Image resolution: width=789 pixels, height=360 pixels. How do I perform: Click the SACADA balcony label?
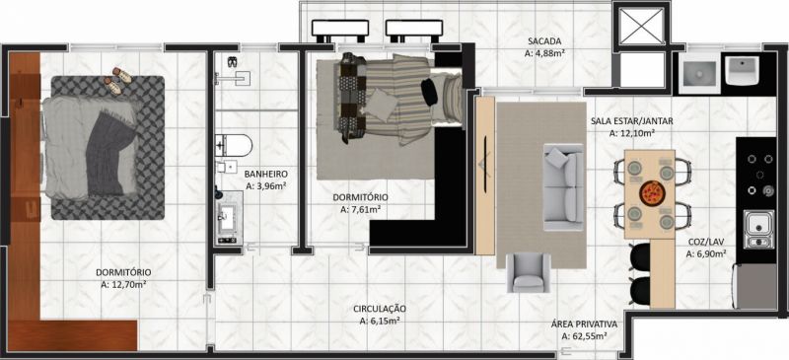544,40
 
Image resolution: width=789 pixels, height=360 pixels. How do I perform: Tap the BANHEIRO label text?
265,175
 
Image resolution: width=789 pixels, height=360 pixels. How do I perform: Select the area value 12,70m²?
124,284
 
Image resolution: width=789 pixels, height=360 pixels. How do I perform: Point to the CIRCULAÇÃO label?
380,309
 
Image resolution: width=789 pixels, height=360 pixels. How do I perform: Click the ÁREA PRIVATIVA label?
584,324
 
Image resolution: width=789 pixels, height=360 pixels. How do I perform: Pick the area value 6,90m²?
707,254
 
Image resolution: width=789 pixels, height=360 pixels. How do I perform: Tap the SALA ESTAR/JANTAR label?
631,121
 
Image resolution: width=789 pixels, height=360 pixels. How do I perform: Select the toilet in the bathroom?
234,145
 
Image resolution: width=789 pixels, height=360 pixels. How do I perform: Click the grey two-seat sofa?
563,187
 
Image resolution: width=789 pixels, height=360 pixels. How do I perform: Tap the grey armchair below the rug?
529,272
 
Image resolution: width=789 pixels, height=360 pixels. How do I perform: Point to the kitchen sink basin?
758,230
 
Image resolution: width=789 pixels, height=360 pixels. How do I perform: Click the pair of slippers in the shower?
232,62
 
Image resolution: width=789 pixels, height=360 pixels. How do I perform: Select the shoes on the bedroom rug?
117,80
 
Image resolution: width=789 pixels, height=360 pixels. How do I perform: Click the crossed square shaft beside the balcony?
640,26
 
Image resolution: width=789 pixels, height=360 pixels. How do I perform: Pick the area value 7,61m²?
360,210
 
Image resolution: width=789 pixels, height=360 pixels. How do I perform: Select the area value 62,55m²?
584,335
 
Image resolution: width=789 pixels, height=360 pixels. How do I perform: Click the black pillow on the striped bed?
429,93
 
